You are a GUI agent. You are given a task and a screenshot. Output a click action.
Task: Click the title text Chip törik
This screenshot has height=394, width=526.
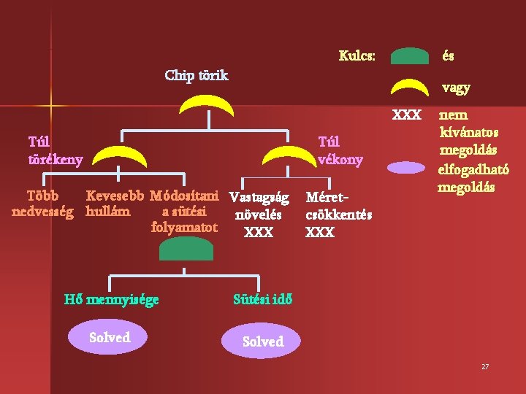tap(197, 75)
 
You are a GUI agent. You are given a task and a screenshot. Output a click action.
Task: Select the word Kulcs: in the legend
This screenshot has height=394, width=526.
tap(357, 55)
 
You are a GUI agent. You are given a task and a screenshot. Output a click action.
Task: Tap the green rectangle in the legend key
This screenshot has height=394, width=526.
tap(410, 56)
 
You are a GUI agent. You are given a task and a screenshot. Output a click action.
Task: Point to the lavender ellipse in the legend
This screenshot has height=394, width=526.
tap(410, 167)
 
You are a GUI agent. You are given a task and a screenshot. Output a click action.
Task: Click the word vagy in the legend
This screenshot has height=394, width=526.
tap(456, 88)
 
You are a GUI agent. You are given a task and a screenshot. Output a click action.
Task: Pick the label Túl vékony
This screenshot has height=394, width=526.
tap(340, 150)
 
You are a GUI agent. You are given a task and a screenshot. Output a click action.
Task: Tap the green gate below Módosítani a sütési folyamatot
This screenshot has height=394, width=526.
tap(186, 250)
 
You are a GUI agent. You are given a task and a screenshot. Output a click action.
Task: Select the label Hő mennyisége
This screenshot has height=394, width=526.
tap(111, 299)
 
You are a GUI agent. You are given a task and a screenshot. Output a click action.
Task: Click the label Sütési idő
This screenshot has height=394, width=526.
tap(263, 299)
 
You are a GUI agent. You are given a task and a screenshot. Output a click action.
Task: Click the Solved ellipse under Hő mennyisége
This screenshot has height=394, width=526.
tap(109, 337)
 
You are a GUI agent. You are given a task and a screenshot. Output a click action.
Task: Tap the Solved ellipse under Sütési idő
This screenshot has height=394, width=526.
tap(262, 341)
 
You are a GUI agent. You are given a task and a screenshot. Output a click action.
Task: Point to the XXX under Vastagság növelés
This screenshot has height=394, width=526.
tap(259, 232)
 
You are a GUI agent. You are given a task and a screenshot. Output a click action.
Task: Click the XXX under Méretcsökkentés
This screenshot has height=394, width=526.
tap(320, 232)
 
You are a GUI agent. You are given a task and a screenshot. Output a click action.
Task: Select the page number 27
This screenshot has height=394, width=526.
tap(485, 366)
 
